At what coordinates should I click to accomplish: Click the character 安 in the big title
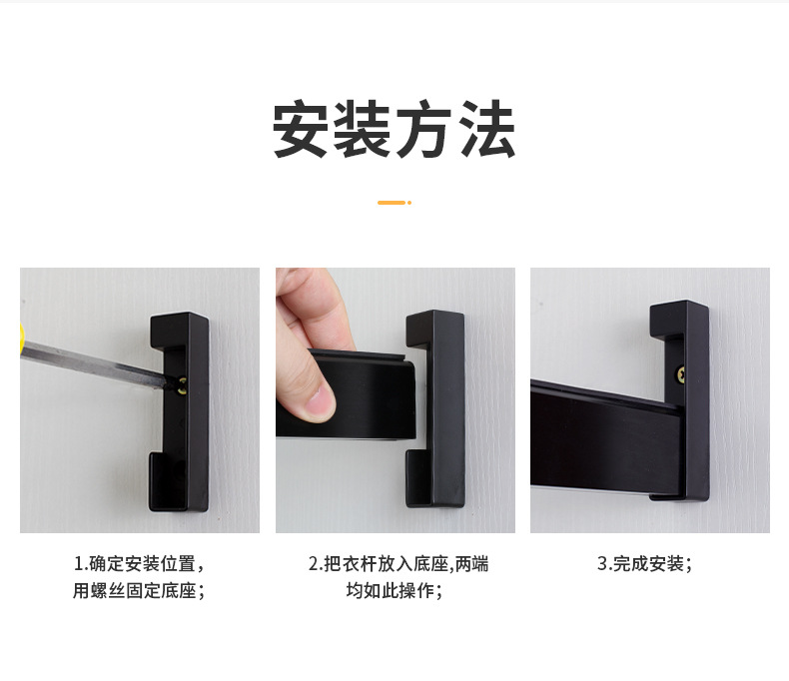pos(303,129)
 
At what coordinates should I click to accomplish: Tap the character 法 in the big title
pos(487,129)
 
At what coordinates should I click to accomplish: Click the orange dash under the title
pos(391,203)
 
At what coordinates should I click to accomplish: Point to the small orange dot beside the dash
pos(409,203)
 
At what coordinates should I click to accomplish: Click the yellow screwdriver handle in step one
pos(22,338)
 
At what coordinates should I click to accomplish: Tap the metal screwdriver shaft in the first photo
pos(96,364)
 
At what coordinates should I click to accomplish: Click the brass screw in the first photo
pos(182,385)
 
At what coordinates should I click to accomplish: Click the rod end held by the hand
pos(364,395)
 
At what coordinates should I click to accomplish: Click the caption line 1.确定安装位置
pos(140,564)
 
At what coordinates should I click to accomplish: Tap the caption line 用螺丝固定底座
pos(140,590)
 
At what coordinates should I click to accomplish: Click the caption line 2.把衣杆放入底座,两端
pos(398,564)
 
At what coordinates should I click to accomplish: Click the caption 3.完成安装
pos(644,564)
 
